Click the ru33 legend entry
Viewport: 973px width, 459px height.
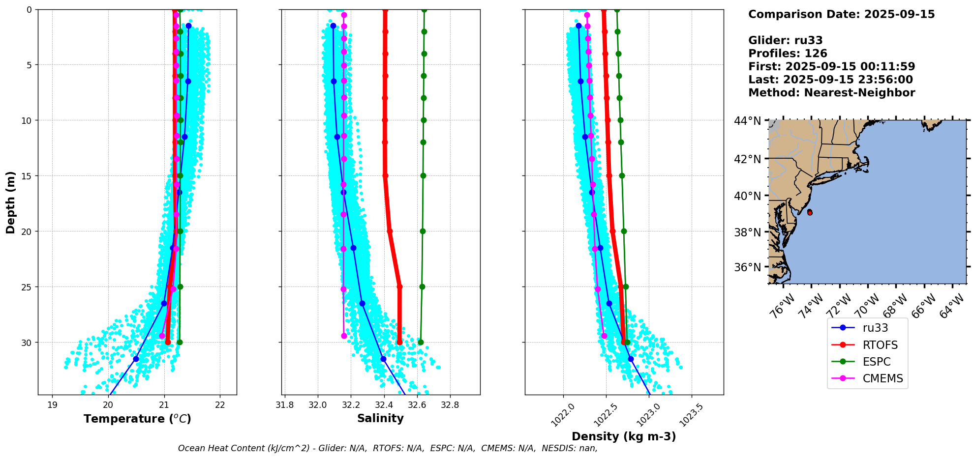[875, 328]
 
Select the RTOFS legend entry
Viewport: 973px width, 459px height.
[880, 345]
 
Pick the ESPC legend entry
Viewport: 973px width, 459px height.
[877, 362]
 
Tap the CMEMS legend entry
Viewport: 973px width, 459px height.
[882, 378]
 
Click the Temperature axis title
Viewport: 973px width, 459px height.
[137, 419]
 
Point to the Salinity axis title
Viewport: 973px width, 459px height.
[380, 418]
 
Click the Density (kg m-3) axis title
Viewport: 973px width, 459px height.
[624, 436]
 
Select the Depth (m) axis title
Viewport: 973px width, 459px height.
[11, 202]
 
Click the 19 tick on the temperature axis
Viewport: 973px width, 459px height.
[52, 405]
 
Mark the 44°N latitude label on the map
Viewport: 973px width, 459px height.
[748, 121]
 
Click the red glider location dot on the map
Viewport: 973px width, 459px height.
[810, 212]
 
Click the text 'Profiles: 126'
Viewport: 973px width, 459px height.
[788, 54]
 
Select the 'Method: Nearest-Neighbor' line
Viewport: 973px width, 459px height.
[831, 93]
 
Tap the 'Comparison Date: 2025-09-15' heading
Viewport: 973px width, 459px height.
[841, 14]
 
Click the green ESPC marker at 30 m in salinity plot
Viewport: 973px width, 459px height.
[421, 342]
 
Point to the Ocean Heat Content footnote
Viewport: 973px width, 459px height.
[388, 448]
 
